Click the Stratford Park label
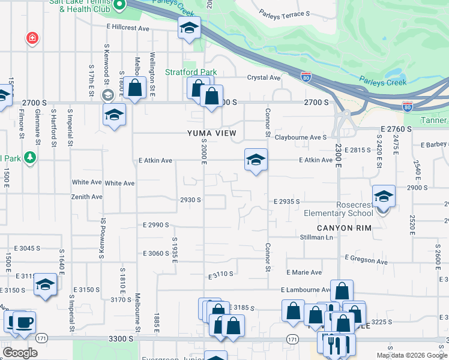[x=191, y=73]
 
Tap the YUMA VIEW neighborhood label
[x=211, y=133]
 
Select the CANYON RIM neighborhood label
[x=345, y=227]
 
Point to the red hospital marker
[x=31, y=38]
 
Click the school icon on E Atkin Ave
[x=256, y=160]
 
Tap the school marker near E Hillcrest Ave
[x=189, y=28]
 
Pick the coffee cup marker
[x=24, y=323]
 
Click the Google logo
[x=19, y=352]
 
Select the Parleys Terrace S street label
[x=285, y=13]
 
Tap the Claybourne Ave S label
[x=300, y=137]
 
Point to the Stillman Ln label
[x=316, y=238]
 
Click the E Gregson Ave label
[x=366, y=259]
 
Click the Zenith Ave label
[x=87, y=197]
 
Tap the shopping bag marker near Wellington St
[x=136, y=88]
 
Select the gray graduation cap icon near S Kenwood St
[x=108, y=95]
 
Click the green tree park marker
[x=29, y=157]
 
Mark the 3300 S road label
[x=121, y=339]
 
